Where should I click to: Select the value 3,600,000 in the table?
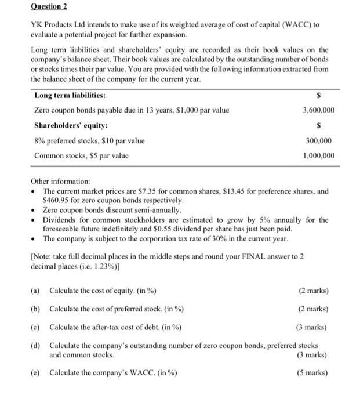[x=318, y=110]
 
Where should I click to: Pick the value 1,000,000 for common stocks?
[x=318, y=155]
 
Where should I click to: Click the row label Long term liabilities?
[x=70, y=95]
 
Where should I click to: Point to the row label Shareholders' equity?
[x=71, y=125]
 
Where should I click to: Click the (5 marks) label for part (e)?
[x=313, y=372]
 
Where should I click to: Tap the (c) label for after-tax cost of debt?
[x=36, y=327]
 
